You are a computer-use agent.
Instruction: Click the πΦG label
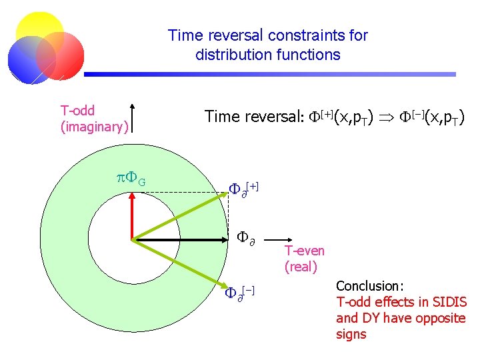pos(131,179)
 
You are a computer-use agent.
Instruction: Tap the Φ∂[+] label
pos(243,188)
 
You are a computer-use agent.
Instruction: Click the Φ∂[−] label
pos(241,291)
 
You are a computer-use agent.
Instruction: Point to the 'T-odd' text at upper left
pos(77,111)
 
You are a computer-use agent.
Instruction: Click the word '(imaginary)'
pos(94,126)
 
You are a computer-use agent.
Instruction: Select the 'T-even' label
pos(304,251)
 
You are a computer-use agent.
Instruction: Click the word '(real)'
pos(301,267)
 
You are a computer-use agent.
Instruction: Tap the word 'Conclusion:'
pos(370,286)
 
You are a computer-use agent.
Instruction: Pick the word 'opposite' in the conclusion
pos(439,318)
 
